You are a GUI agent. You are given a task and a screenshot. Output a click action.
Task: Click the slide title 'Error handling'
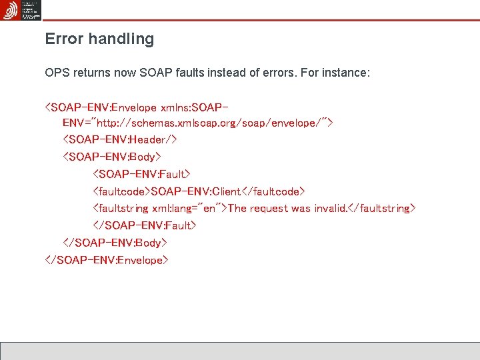99,39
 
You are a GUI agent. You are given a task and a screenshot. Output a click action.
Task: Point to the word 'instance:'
346,72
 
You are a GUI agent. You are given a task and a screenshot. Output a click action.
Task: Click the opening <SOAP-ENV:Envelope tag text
101,107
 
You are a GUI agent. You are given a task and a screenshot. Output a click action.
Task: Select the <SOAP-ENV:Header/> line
119,140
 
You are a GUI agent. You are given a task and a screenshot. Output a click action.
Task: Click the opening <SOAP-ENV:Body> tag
112,157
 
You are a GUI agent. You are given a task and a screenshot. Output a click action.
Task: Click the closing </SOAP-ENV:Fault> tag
145,225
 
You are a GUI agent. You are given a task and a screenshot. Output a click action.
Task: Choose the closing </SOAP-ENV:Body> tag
115,243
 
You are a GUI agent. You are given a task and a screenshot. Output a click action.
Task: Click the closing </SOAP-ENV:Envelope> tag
107,260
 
